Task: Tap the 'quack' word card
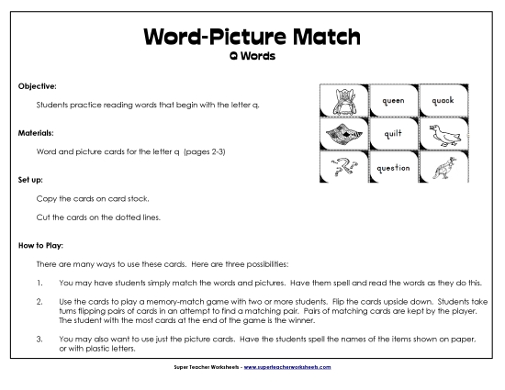pyautogui.click(x=443, y=102)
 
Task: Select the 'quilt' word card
pyautogui.click(x=393, y=134)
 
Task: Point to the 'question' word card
pyautogui.click(x=393, y=168)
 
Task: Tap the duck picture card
pyautogui.click(x=443, y=134)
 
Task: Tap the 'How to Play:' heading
pyautogui.click(x=40, y=245)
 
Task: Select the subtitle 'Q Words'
pyautogui.click(x=252, y=55)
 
